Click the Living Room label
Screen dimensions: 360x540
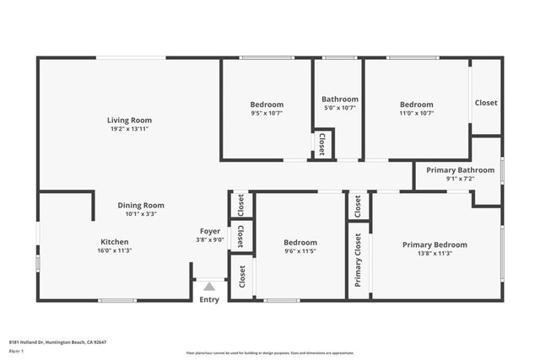[x=129, y=121]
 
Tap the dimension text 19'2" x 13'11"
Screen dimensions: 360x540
[x=129, y=130]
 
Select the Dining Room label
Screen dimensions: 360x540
[x=140, y=205]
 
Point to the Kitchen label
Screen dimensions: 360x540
[x=115, y=241]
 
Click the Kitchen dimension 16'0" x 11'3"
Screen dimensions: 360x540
[x=115, y=250]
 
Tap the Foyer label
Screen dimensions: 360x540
[x=210, y=231]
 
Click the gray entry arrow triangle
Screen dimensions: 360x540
[x=209, y=287]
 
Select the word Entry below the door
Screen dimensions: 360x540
[x=209, y=299]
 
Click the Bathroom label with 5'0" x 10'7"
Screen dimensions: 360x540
[x=340, y=99]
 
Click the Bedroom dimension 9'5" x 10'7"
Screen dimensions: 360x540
[x=266, y=113]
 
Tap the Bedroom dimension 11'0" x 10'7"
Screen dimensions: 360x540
[x=417, y=113]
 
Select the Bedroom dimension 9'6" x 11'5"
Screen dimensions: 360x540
[x=300, y=251]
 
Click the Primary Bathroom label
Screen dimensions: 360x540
[x=460, y=169]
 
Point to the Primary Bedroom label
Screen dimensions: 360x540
[x=435, y=244]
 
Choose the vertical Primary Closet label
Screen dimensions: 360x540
[x=358, y=260]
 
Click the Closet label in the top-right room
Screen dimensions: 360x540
[x=486, y=103]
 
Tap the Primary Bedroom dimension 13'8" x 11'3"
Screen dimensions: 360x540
[x=435, y=254]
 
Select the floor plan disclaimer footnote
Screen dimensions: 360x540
[x=269, y=352]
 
